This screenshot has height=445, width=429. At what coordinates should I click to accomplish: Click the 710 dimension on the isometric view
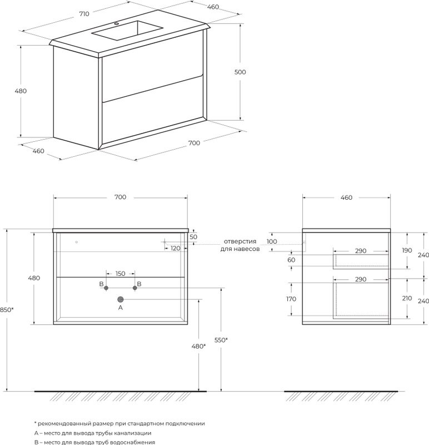pos(84,13)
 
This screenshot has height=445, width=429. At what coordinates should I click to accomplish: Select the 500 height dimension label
pos(240,72)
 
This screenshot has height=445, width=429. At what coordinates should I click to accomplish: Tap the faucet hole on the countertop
pos(116,24)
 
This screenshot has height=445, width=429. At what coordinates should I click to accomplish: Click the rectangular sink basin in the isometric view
pos(127,31)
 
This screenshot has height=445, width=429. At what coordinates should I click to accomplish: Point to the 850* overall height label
pos(7,310)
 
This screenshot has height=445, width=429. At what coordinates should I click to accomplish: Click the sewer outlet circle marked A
pos(121,299)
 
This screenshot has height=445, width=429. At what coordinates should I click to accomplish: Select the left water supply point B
pos(106,288)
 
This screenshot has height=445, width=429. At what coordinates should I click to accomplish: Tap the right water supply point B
pos(135,288)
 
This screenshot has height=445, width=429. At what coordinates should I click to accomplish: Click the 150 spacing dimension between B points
pos(121,274)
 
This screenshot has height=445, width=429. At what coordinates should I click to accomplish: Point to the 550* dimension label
pos(221,340)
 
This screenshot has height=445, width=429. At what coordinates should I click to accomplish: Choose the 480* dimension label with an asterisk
pos(199,346)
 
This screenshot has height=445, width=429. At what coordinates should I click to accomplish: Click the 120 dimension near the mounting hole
pos(176,248)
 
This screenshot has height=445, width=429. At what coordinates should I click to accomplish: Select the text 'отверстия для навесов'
pos(240,245)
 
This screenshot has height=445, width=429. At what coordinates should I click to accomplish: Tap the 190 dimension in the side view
pos(407,250)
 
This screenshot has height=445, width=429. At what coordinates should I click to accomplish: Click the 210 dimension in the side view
pos(407,298)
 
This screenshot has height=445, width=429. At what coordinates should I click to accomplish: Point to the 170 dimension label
pos(291,299)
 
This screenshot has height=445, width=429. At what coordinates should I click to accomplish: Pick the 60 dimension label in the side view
pos(292,260)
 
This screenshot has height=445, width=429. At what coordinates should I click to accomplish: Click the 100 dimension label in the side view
pos(272,241)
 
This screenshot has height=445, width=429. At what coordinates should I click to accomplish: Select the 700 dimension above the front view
pos(121,197)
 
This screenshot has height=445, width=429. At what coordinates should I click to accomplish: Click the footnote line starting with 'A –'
pos(93,433)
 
